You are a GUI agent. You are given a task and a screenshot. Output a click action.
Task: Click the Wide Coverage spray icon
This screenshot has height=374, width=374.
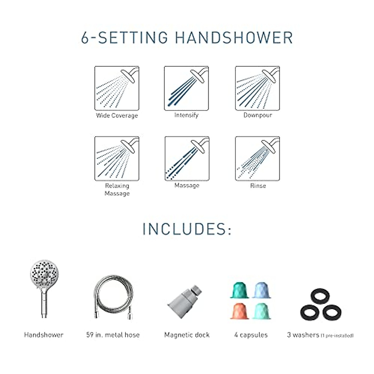pyautogui.click(x=117, y=88)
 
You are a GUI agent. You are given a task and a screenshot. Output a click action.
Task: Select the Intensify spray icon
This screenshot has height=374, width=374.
pyautogui.click(x=186, y=88)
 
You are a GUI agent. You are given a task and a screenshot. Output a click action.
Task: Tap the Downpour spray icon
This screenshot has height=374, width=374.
pyautogui.click(x=257, y=88)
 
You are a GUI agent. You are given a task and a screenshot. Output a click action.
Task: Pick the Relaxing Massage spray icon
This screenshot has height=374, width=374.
pyautogui.click(x=117, y=158)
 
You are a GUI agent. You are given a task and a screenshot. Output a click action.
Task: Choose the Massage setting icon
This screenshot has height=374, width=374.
pyautogui.click(x=187, y=158)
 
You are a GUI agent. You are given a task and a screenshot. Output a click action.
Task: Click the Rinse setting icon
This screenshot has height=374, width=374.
pyautogui.click(x=257, y=158)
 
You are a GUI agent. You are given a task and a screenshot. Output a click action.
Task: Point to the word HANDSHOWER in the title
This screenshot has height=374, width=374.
pyautogui.click(x=234, y=37)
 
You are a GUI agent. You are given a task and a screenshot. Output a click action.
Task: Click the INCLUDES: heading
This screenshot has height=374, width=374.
pyautogui.click(x=187, y=229)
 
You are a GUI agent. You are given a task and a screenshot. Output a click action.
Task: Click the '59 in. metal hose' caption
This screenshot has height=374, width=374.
pyautogui.click(x=113, y=335)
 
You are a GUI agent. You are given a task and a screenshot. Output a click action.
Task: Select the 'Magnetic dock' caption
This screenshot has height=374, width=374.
pyautogui.click(x=187, y=335)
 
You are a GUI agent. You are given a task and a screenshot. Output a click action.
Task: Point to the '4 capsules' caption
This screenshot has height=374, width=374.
pyautogui.click(x=251, y=335)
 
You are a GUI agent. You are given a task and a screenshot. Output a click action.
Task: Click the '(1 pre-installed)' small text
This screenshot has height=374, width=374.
pyautogui.click(x=337, y=336)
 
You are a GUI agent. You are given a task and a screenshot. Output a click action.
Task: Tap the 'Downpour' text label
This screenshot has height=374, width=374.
pyautogui.click(x=258, y=115)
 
